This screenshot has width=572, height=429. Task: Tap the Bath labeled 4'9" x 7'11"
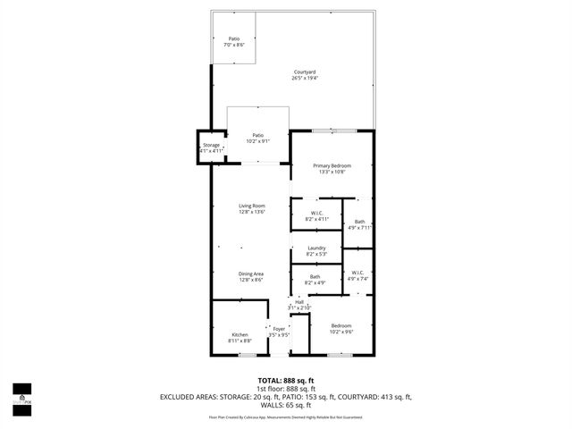click(359, 224)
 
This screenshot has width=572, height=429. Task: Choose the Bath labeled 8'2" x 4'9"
click(315, 280)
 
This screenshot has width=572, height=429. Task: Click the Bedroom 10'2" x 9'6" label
click(341, 328)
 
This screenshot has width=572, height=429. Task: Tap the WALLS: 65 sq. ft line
click(286, 406)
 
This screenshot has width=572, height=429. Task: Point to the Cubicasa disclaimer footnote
click(286, 416)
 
